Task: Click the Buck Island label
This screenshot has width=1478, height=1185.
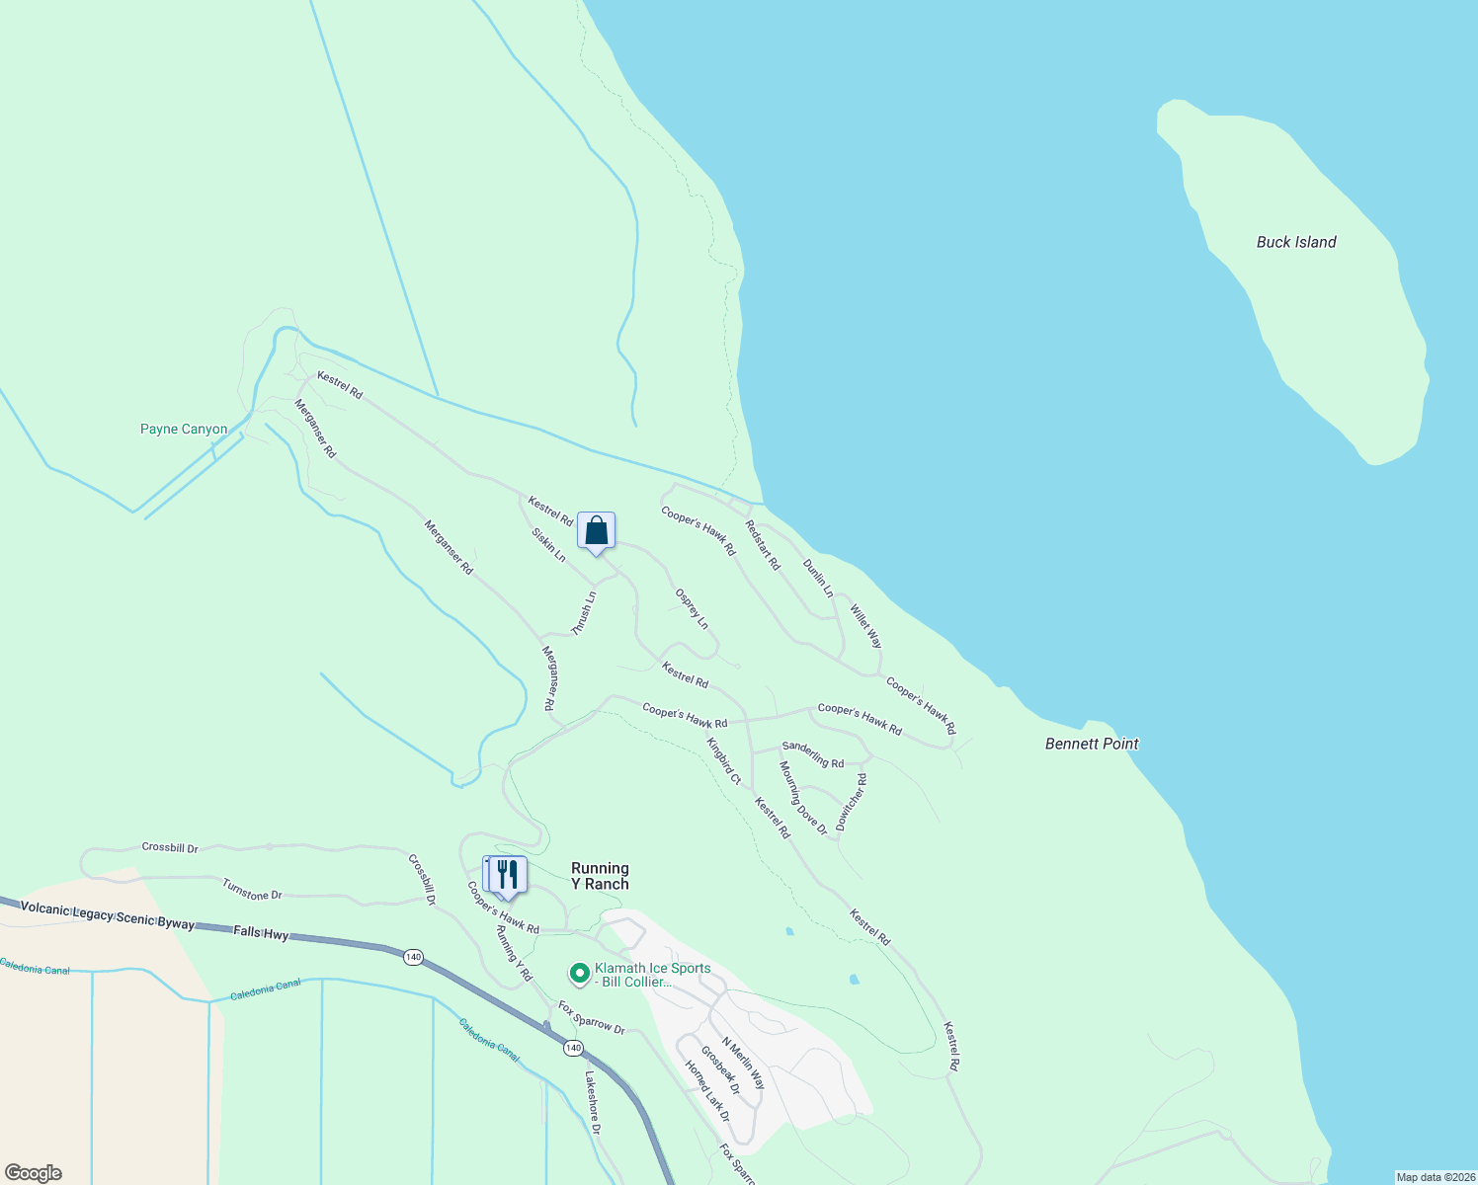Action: pyautogui.click(x=1295, y=242)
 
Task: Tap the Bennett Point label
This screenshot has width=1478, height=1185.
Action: pyautogui.click(x=1092, y=744)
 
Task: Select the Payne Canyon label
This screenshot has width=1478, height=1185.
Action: pyautogui.click(x=184, y=430)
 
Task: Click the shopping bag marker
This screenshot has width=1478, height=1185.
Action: pyautogui.click(x=596, y=531)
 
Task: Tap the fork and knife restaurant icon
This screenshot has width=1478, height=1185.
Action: pyautogui.click(x=507, y=875)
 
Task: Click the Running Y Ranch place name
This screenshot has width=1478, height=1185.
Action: pyautogui.click(x=600, y=876)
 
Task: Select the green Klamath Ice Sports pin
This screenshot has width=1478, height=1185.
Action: pyautogui.click(x=580, y=974)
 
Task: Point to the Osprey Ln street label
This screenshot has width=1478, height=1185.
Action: pyautogui.click(x=692, y=609)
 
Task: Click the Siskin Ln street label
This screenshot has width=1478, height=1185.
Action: pyautogui.click(x=548, y=545)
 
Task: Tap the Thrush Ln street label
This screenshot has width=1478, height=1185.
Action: pyautogui.click(x=585, y=613)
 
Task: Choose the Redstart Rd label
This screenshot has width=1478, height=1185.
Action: pyautogui.click(x=763, y=545)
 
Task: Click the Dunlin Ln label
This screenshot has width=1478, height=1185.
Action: pyautogui.click(x=818, y=579)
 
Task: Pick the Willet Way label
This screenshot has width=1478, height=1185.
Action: pyautogui.click(x=866, y=626)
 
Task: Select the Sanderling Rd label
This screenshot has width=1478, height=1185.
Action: pyautogui.click(x=813, y=755)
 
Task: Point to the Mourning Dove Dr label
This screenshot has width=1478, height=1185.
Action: pyautogui.click(x=802, y=798)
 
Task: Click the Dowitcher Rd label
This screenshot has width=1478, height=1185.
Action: pyautogui.click(x=851, y=802)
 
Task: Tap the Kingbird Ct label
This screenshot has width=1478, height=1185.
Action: pyautogui.click(x=723, y=760)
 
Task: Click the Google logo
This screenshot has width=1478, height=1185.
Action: pyautogui.click(x=33, y=1173)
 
